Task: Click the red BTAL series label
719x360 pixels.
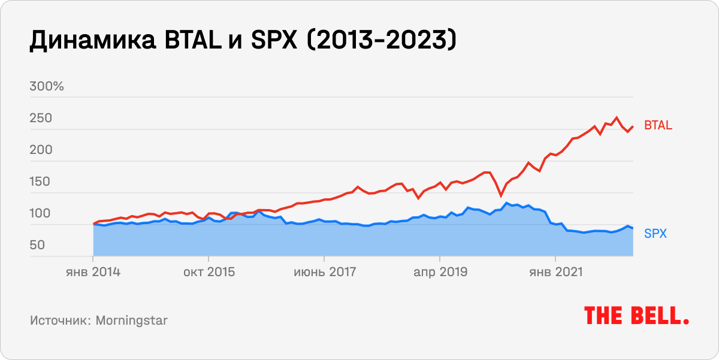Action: pos(658,126)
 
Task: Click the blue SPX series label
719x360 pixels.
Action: pos(655,234)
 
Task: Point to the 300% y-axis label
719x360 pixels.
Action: pos(47,87)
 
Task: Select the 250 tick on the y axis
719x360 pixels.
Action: pos(41,119)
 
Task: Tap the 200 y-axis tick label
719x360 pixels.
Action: pos(41,150)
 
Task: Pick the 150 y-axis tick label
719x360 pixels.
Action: pos(41,182)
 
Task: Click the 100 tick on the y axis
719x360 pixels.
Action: pos(41,214)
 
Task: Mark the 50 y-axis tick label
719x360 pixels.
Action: pos(38,246)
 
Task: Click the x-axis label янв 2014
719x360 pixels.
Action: pos(92,272)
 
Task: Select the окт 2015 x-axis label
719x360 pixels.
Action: pos(209,272)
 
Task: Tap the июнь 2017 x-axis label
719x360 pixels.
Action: pos(324,272)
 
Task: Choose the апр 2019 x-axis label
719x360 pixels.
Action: pos(440,272)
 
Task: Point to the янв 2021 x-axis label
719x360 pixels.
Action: pos(555,272)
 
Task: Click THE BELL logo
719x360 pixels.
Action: pos(636,316)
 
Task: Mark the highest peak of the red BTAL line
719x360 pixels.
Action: pos(617,117)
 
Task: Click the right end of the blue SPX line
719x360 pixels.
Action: pos(633,229)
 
